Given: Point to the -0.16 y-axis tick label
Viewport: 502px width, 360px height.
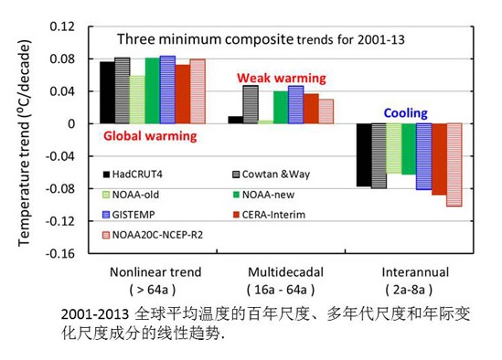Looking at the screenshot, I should (59, 253).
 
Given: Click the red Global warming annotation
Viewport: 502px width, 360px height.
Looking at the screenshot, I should (150, 136).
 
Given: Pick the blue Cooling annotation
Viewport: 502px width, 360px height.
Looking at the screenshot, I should (405, 113).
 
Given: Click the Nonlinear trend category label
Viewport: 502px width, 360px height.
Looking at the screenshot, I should (155, 272).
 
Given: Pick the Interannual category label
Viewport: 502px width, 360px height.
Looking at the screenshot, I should (409, 272).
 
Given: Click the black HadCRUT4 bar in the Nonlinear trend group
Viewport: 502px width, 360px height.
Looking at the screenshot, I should (107, 92).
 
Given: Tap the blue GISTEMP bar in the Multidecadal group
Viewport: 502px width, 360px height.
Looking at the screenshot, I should (295, 105).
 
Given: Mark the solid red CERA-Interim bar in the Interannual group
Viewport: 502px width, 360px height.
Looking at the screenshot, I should (439, 159).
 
